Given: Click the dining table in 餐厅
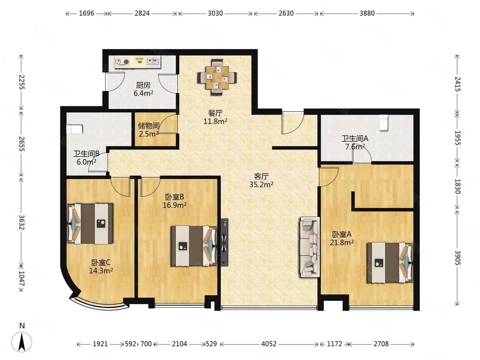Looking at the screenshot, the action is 217,77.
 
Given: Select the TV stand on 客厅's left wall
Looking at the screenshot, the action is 224,242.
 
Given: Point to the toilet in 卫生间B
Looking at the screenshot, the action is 74,129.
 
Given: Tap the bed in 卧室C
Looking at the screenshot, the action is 90,224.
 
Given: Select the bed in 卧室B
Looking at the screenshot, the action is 194,246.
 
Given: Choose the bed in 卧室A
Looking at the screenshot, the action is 390,263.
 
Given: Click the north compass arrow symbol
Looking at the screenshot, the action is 22,342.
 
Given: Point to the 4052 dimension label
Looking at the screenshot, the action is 269,344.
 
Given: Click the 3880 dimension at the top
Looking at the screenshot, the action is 367,13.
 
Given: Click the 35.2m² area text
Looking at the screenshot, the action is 261,185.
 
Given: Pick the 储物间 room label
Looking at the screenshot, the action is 148,126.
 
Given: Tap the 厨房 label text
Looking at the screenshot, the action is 143,85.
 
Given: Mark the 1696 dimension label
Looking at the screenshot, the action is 86,13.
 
